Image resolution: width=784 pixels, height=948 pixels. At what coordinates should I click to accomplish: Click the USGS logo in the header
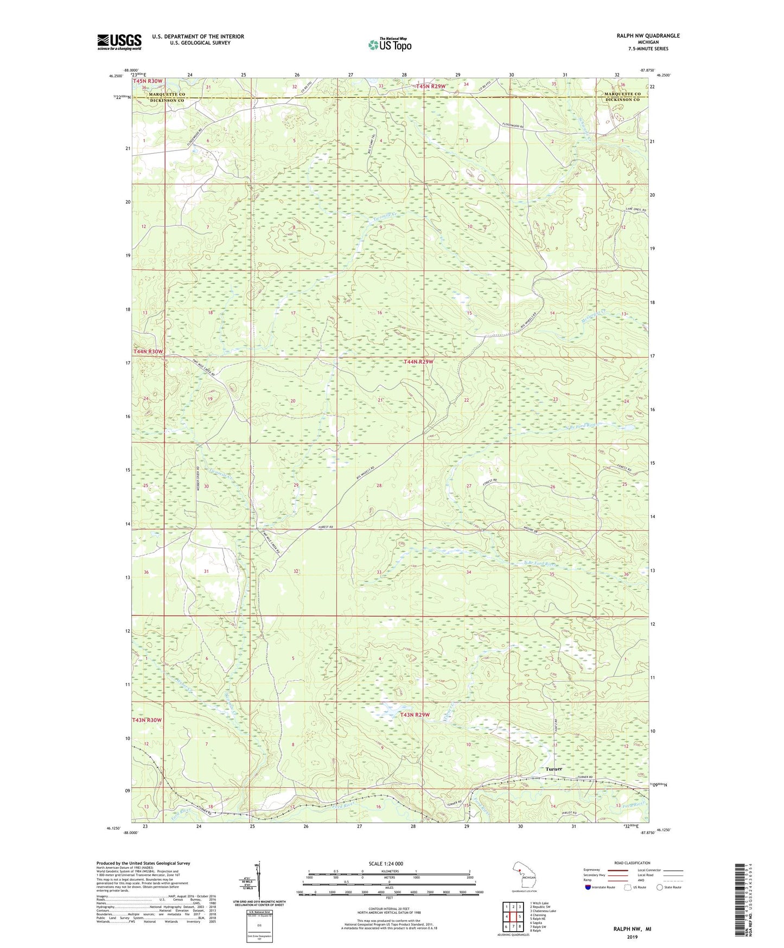point(119,42)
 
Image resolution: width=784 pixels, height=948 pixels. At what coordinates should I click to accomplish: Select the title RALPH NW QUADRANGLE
point(647,36)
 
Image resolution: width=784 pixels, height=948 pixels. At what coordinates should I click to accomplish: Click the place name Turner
point(553,769)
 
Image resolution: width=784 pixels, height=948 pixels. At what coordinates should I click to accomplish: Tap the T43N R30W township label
point(147,720)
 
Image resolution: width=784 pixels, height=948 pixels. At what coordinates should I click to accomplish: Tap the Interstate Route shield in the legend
point(588,887)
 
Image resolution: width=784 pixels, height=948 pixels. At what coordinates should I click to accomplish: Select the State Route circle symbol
point(659,887)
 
